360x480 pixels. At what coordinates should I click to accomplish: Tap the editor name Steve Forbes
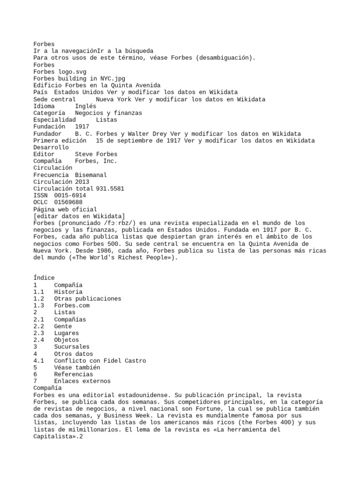tap(96, 154)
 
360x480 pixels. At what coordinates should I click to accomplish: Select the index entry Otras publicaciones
tap(87, 299)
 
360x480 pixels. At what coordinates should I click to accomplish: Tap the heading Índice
tap(44, 278)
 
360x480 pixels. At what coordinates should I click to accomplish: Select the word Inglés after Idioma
tap(85, 106)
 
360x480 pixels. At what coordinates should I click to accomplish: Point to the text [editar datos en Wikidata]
tap(79, 216)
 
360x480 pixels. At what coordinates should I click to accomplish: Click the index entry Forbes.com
tap(72, 306)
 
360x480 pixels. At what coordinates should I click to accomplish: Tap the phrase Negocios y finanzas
tap(108, 113)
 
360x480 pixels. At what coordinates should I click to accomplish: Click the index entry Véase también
tap(77, 367)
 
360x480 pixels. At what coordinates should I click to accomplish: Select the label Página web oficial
tap(65, 209)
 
